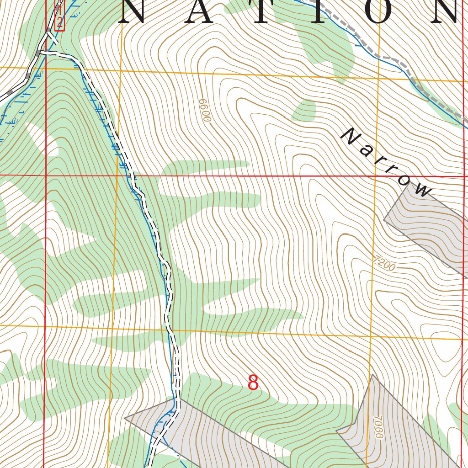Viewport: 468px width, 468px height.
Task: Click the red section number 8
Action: [x=253, y=383]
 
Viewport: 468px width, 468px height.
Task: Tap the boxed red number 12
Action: [x=59, y=16]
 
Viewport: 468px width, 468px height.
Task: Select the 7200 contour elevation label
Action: [x=384, y=264]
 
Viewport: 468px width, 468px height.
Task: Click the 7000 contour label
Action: [x=377, y=427]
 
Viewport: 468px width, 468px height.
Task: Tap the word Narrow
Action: [x=387, y=163]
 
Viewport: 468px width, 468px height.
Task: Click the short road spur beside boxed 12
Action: [x=52, y=38]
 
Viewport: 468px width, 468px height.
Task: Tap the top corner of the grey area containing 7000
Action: [x=372, y=375]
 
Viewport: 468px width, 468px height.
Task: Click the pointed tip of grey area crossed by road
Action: [x=125, y=417]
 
